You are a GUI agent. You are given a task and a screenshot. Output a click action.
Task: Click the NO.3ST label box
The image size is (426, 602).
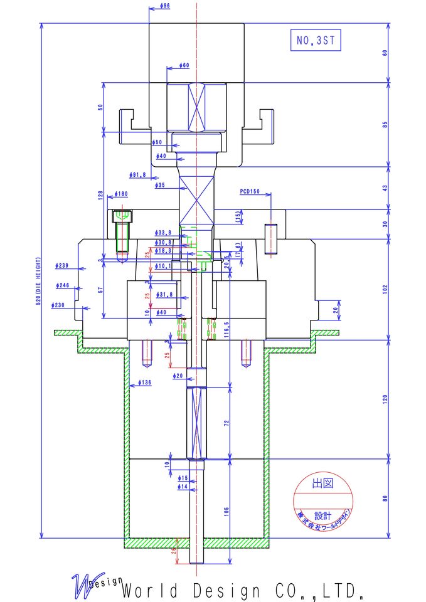pyautogui.click(x=316, y=41)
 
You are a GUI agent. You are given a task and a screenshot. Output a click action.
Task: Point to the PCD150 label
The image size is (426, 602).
pyautogui.click(x=250, y=191)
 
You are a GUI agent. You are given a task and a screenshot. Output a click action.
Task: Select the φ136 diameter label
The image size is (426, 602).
pyautogui.click(x=144, y=382)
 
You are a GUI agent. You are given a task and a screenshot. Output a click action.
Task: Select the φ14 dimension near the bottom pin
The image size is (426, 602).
pyautogui.click(x=183, y=487)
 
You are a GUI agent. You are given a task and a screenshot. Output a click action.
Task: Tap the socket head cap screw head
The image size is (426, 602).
pyautogui.click(x=122, y=217)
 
